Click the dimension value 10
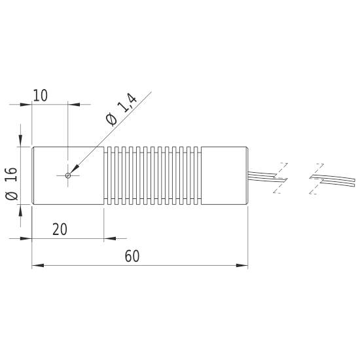40,96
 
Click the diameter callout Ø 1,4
120,110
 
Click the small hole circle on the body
68,175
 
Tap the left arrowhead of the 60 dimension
37,265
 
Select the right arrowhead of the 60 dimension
243,265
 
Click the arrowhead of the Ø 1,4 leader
73,170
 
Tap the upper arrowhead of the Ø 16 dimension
22,141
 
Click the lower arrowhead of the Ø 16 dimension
22,211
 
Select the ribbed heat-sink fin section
153,176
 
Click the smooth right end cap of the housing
224,176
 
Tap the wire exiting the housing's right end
262,175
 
